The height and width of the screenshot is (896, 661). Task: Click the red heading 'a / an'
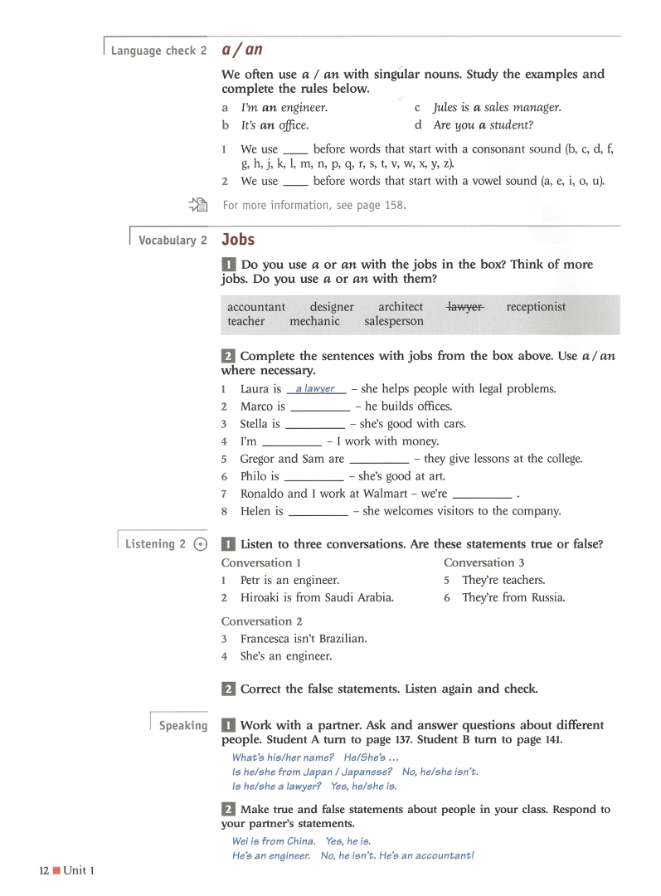pos(242,49)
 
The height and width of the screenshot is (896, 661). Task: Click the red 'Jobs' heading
pos(238,240)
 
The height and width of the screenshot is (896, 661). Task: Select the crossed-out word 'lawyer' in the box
pos(465,307)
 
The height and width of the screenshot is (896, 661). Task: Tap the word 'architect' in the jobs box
pos(401,307)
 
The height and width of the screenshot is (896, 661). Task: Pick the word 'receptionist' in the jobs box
pos(536,307)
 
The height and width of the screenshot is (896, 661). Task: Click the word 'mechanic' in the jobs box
pos(314,322)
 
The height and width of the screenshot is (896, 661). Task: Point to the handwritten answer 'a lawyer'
pos(315,388)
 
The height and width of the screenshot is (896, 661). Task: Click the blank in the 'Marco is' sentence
pos(320,407)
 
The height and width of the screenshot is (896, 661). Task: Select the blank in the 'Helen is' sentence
pos(318,512)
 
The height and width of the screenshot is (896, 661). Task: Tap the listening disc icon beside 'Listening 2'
pos(200,544)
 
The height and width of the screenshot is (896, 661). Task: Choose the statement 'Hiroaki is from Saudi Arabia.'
pos(317,597)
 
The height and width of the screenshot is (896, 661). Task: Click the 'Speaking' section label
pos(183,726)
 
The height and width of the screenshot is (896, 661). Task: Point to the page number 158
pos(394,206)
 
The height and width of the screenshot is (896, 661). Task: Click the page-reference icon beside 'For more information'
pos(197,205)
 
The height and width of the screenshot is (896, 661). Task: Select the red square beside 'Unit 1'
pos(56,870)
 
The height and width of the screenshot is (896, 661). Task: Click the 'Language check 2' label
pos(158,51)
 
